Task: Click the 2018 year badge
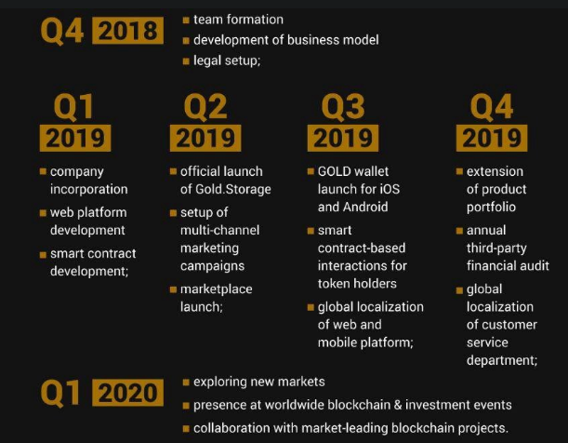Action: pyautogui.click(x=128, y=31)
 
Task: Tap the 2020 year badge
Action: pyautogui.click(x=128, y=393)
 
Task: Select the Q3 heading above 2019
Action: pyautogui.click(x=343, y=107)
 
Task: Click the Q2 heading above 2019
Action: pyautogui.click(x=205, y=107)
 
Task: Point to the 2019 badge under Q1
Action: pyautogui.click(x=75, y=138)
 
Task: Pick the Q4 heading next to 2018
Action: pyautogui.click(x=62, y=31)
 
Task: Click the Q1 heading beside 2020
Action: pyautogui.click(x=60, y=394)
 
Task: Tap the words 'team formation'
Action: pyautogui.click(x=238, y=20)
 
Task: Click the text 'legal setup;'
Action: pyautogui.click(x=227, y=60)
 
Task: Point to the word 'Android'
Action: pyautogui.click(x=365, y=207)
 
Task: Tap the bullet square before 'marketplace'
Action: pyautogui.click(x=173, y=289)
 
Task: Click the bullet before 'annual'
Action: pyautogui.click(x=459, y=231)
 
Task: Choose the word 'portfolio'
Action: pyautogui.click(x=491, y=208)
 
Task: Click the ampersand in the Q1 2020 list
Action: pyautogui.click(x=398, y=405)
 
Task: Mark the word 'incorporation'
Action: pyautogui.click(x=88, y=190)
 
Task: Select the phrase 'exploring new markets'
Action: pyautogui.click(x=259, y=382)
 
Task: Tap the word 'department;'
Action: pyautogui.click(x=502, y=361)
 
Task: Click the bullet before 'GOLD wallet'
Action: pyautogui.click(x=310, y=171)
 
